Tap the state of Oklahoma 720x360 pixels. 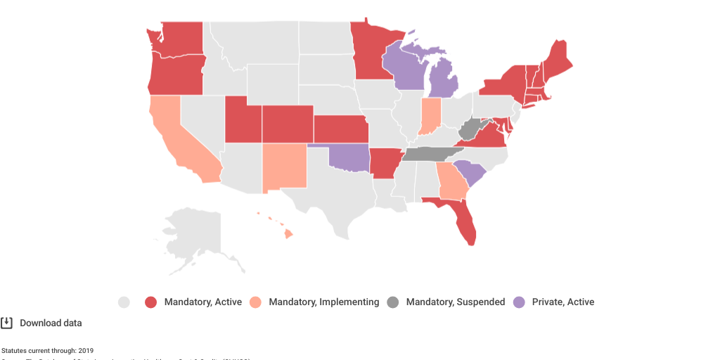(x=348, y=157)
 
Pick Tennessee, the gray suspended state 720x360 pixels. (x=429, y=154)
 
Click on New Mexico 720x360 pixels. (x=285, y=167)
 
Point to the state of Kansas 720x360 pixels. (x=340, y=129)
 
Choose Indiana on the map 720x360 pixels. (x=430, y=117)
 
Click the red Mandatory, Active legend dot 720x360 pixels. (x=150, y=302)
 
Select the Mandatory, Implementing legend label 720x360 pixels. (x=323, y=302)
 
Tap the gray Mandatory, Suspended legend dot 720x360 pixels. (x=392, y=302)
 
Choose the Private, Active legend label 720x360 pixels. (x=562, y=302)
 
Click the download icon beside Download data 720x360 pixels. (x=7, y=323)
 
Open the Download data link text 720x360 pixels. (x=51, y=323)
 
